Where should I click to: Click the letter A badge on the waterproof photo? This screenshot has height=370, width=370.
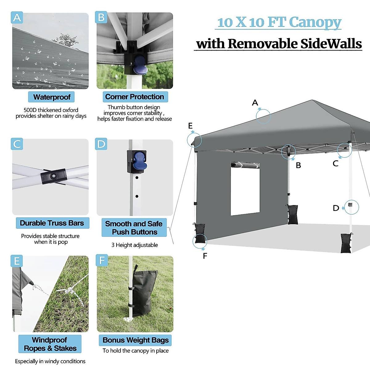17,18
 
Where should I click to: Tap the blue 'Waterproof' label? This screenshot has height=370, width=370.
51,97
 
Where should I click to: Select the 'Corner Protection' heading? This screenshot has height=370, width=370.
135,97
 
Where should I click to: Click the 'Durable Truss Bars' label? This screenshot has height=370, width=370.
52,223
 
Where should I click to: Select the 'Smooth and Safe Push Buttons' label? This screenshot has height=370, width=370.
134,228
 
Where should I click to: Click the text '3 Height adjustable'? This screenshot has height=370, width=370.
134,245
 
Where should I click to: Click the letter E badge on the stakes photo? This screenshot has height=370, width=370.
17,261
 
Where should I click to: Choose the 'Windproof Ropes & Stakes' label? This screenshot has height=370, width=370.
50,344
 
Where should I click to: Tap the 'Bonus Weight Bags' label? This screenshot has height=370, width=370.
135,340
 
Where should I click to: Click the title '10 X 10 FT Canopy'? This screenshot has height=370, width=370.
279,22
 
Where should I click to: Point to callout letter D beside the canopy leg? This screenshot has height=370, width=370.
336,208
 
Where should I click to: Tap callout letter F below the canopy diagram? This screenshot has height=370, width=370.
205,256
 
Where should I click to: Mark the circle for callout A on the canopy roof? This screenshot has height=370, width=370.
263,116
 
